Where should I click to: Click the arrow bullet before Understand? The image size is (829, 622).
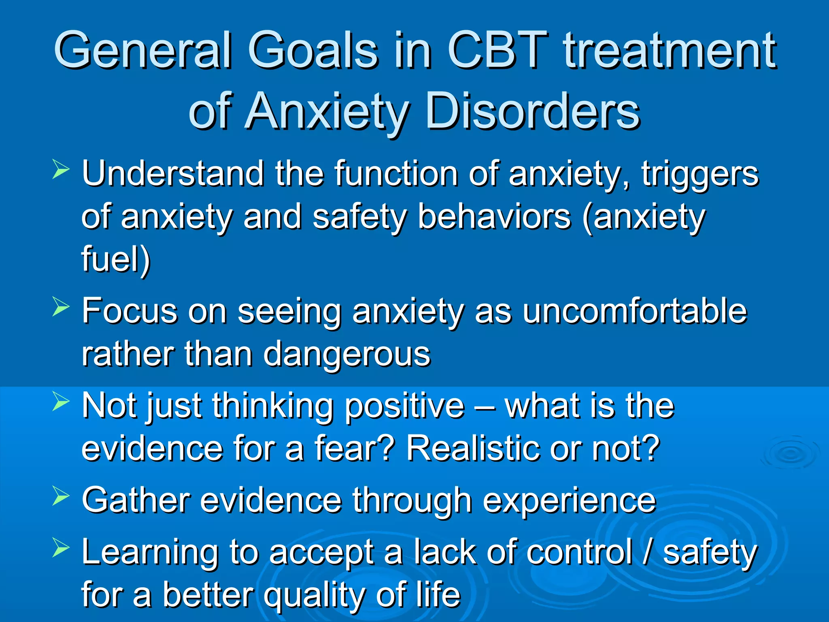(61, 169)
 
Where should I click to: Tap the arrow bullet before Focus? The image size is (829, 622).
(61, 307)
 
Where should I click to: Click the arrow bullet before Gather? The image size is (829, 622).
(61, 496)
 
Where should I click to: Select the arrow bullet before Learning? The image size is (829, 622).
(61, 548)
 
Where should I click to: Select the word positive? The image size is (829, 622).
(404, 406)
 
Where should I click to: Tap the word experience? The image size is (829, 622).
(569, 501)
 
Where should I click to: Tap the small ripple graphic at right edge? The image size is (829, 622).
(789, 454)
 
